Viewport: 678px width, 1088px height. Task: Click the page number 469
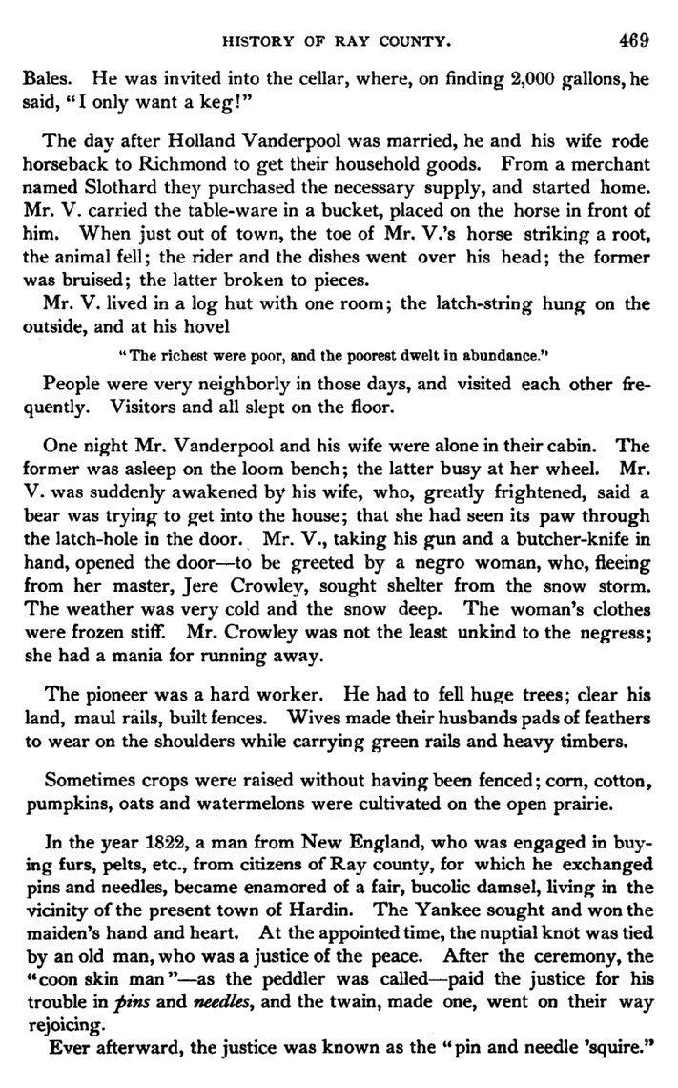tap(632, 40)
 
